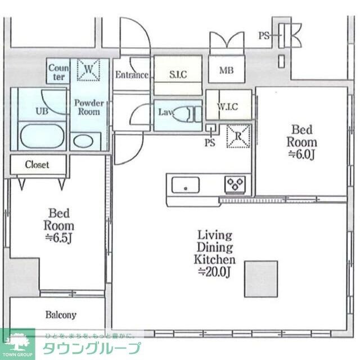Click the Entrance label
coord(132,75)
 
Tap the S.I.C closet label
coord(178,74)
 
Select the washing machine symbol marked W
coord(88,70)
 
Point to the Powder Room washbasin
coord(85,140)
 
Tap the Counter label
coord(58,72)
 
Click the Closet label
coord(37,165)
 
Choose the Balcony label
coord(60,315)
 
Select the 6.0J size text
coord(301,154)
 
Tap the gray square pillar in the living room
coord(261,278)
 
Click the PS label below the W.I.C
coord(210,142)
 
